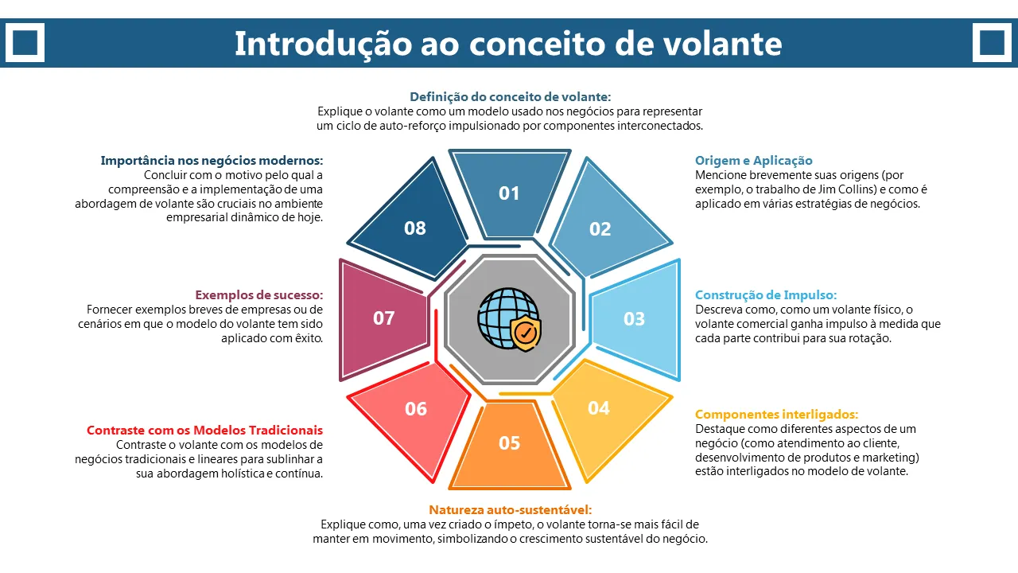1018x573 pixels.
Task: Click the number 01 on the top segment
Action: (509, 193)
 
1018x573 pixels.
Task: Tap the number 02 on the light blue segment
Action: (600, 228)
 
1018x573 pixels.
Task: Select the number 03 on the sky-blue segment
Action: (634, 319)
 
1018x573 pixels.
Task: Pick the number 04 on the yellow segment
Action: (599, 408)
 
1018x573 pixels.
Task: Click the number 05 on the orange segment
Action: (509, 443)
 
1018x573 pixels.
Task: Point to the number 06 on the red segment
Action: (416, 409)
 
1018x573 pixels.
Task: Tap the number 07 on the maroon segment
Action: (383, 318)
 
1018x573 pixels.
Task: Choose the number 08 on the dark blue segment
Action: (415, 228)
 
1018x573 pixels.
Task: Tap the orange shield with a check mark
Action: (526, 333)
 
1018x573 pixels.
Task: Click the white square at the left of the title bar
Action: (25, 42)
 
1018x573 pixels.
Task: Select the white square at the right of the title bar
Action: (992, 42)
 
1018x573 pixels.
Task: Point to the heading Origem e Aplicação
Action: (753, 161)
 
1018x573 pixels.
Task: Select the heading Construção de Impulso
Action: (766, 295)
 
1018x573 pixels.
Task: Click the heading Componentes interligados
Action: (777, 415)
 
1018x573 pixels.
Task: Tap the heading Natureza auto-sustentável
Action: (511, 510)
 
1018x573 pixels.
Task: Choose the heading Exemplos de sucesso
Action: (259, 295)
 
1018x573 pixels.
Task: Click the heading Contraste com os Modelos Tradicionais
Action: (204, 431)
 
